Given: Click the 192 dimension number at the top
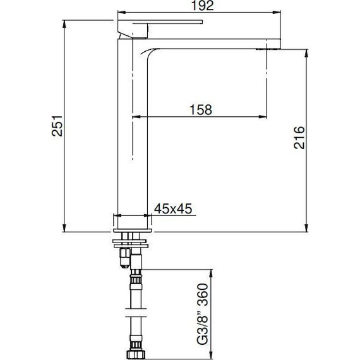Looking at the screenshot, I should click(200, 7).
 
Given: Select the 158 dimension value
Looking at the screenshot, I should click(200, 109).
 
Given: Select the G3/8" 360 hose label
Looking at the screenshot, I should click(203, 311).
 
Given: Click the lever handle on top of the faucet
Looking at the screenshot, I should click(160, 25).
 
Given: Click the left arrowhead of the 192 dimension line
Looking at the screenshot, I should click(121, 13).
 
